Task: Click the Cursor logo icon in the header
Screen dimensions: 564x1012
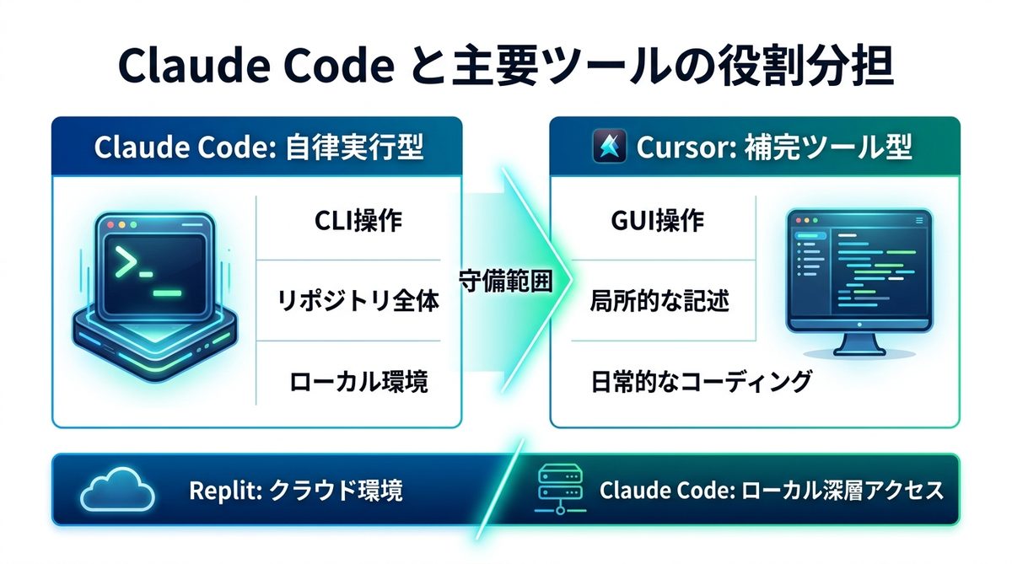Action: [607, 148]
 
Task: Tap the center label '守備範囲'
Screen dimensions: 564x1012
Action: [506, 281]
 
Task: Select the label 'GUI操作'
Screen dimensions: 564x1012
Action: [656, 222]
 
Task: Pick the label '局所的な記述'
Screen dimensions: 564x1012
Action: [659, 301]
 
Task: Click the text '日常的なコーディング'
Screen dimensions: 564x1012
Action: [701, 381]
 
